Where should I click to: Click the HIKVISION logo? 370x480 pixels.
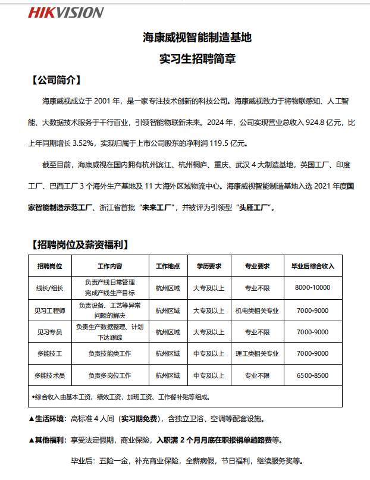point(66,12)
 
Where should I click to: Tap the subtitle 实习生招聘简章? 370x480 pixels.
point(197,59)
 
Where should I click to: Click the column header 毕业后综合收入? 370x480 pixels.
point(312,265)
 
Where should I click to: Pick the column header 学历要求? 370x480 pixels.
point(208,265)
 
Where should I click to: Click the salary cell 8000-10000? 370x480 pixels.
point(312,287)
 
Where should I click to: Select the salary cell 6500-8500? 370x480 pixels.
point(312,375)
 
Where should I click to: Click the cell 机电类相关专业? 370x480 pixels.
point(257,310)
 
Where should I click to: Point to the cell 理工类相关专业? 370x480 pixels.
point(257,353)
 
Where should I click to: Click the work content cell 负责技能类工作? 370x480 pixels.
point(109,353)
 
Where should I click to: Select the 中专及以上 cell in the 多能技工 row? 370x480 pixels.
point(208,353)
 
